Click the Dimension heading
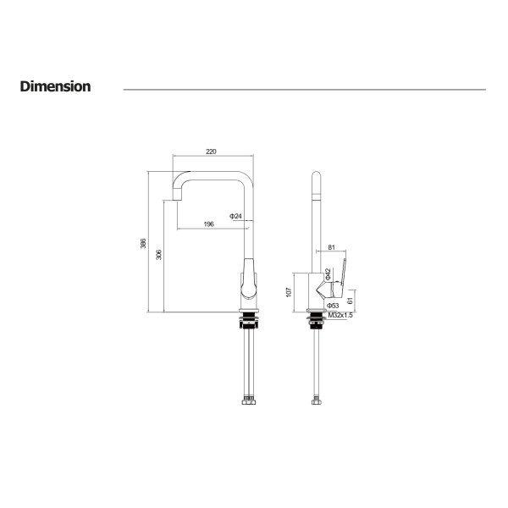tap(55, 86)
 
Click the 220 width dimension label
tap(211, 152)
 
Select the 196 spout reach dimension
tap(208, 224)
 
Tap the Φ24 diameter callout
tap(235, 216)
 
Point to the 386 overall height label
tap(143, 243)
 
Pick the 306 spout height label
tap(159, 254)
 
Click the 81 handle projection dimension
tap(331, 247)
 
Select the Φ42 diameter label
tap(328, 273)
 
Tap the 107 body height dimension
tap(289, 292)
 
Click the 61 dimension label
tap(350, 301)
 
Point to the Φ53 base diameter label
tap(333, 306)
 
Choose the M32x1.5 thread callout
tap(340, 315)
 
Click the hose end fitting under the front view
tap(248, 400)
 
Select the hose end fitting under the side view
tap(317, 400)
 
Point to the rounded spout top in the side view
tap(316, 175)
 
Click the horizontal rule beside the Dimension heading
tap(305, 90)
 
